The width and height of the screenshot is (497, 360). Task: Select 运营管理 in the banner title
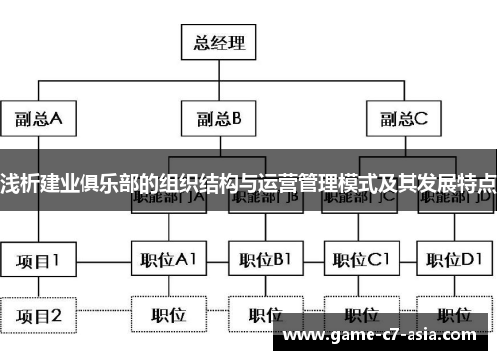[x=287, y=183]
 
